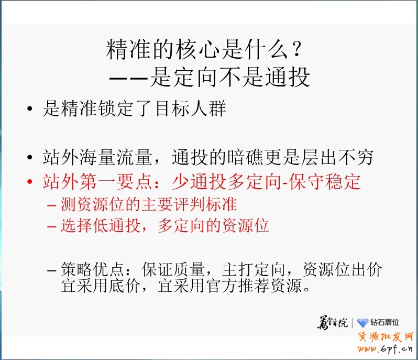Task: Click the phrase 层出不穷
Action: tap(336, 157)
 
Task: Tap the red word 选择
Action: tap(72, 226)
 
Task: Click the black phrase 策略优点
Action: tap(92, 270)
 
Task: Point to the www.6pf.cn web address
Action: tap(386, 349)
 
